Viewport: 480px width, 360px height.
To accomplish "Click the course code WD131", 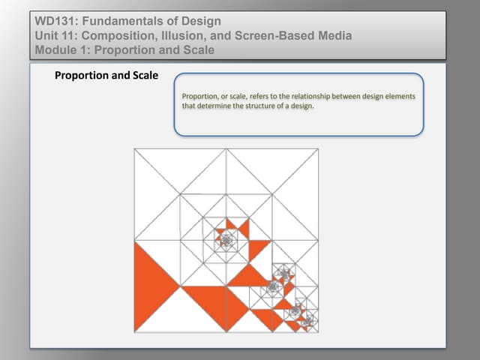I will tap(55, 20).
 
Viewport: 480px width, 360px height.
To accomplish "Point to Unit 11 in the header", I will tap(58, 35).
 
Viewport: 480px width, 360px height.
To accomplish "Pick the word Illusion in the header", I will tap(198, 35).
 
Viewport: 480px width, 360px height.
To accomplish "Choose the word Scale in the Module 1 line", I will tap(197, 50).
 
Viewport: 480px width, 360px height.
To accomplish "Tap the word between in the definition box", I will tap(349, 98).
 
